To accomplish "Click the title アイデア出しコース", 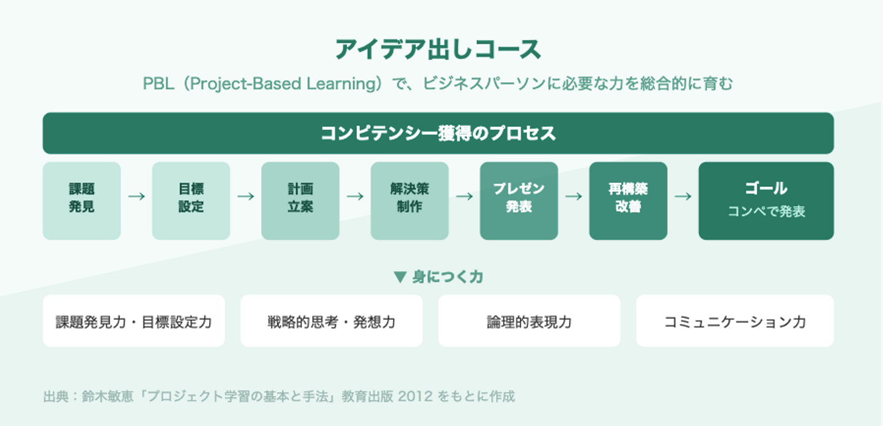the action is pyautogui.click(x=438, y=49).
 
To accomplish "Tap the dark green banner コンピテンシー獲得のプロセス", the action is pyautogui.click(x=438, y=133).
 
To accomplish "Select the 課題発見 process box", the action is pyautogui.click(x=82, y=201).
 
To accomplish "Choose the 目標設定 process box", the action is pyautogui.click(x=191, y=201).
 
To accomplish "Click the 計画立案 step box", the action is pyautogui.click(x=300, y=201).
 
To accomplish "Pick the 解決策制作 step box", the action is pyautogui.click(x=410, y=201).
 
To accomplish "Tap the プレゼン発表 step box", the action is pyautogui.click(x=519, y=201).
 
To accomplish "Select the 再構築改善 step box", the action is pyautogui.click(x=629, y=201).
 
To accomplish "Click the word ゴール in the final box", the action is pyautogui.click(x=766, y=188).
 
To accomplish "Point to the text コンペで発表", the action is pyautogui.click(x=766, y=211).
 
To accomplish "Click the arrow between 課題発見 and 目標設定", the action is pyautogui.click(x=136, y=196).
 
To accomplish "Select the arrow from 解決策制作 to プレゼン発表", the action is pyautogui.click(x=464, y=196).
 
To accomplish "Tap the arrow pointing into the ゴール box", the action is pyautogui.click(x=683, y=196).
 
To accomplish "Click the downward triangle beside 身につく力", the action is pyautogui.click(x=400, y=277).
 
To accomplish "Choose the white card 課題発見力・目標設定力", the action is pyautogui.click(x=134, y=321).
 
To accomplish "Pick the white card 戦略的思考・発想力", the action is pyautogui.click(x=332, y=321).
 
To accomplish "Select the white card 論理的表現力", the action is pyautogui.click(x=529, y=321).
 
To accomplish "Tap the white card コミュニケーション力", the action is pyautogui.click(x=735, y=321).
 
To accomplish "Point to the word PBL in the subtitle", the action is pyautogui.click(x=158, y=83).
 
